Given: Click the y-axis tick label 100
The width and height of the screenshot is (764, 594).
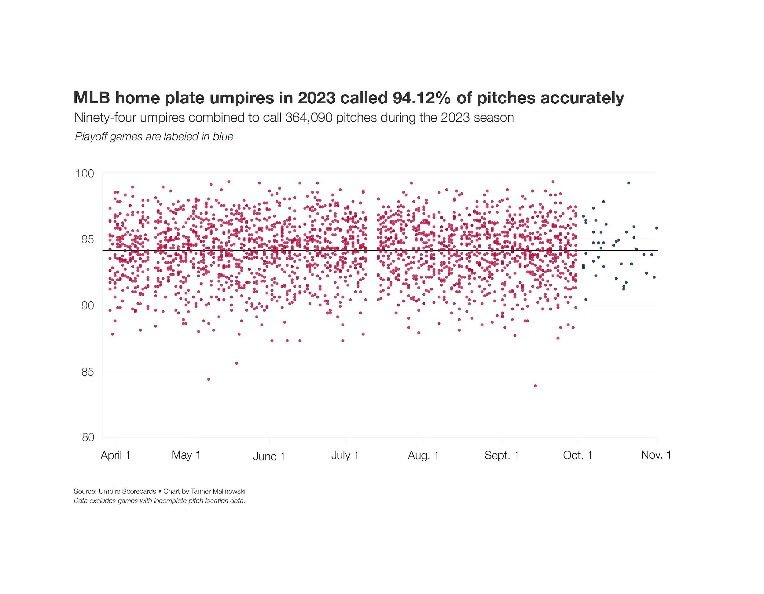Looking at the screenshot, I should tap(85, 173).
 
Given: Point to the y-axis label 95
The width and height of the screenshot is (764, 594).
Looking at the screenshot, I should tap(87, 239).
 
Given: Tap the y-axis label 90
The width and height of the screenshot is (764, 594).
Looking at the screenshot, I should tap(87, 306).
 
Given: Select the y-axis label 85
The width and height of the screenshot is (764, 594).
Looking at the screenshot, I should tap(87, 372).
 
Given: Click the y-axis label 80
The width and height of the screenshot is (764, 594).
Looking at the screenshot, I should tap(87, 437).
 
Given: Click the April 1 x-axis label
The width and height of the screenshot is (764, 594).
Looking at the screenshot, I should tap(116, 456).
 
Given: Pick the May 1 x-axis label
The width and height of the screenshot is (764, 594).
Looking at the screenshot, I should tap(186, 455).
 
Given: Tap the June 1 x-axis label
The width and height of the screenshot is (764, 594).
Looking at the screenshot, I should tap(269, 456).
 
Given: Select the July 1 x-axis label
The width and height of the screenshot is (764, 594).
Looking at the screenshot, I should tap(345, 456).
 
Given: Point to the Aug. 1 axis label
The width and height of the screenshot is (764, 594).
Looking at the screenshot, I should tap(423, 456).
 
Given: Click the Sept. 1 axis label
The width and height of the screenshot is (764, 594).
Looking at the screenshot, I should tap(501, 456).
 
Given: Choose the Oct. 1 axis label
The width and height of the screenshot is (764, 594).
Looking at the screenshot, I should tap(578, 456).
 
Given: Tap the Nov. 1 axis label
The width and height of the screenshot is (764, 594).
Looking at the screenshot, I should tap(656, 455).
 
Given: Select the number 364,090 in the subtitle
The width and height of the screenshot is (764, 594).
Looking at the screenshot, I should tap(309, 118).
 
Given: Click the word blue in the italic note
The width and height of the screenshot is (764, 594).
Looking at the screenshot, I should tap(223, 137).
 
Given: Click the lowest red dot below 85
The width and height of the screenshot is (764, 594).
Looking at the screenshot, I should tap(535, 386).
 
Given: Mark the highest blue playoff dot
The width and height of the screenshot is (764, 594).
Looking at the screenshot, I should tap(629, 183).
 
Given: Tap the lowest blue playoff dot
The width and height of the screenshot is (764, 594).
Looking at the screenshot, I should tap(586, 300).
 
